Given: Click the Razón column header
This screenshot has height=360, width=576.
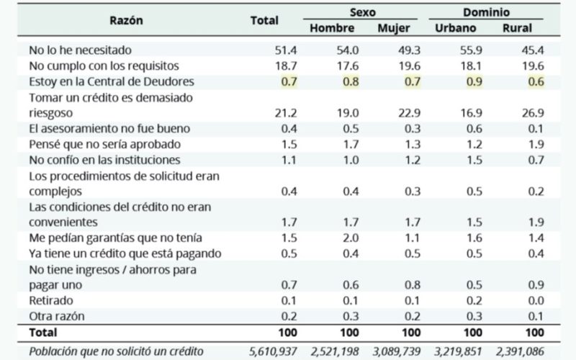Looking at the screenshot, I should click(x=126, y=20).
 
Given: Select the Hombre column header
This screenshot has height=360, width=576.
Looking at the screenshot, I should click(x=332, y=28).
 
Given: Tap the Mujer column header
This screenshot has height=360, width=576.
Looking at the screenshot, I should click(x=394, y=28).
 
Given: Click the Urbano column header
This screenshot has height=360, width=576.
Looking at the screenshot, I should click(x=455, y=28).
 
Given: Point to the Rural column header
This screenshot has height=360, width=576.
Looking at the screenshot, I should click(x=518, y=28).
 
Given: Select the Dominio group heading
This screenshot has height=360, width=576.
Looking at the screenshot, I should click(x=487, y=12).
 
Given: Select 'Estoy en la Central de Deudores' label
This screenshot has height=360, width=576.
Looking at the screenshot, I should click(x=112, y=81).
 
